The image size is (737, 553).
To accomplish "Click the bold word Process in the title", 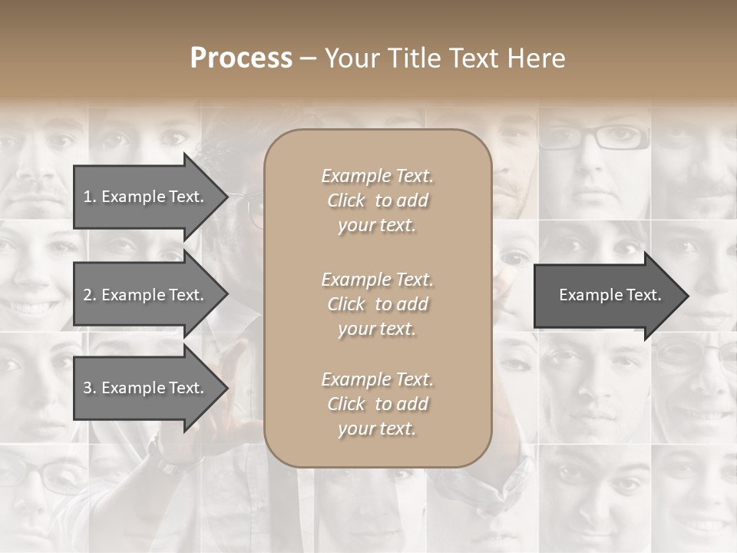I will tap(241, 58).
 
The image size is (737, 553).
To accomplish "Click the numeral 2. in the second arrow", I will tap(90, 295).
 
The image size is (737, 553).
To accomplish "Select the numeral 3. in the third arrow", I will tap(90, 389).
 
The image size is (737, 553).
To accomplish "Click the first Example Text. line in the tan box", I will tap(377, 176).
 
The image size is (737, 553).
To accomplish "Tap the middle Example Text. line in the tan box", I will tap(377, 280).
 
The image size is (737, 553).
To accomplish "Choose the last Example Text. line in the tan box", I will tap(377, 379).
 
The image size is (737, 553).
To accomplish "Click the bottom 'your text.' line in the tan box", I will tap(377, 429).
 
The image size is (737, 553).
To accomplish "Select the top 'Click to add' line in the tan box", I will tap(377, 200).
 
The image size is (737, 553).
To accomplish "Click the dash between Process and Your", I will tap(308, 58).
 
